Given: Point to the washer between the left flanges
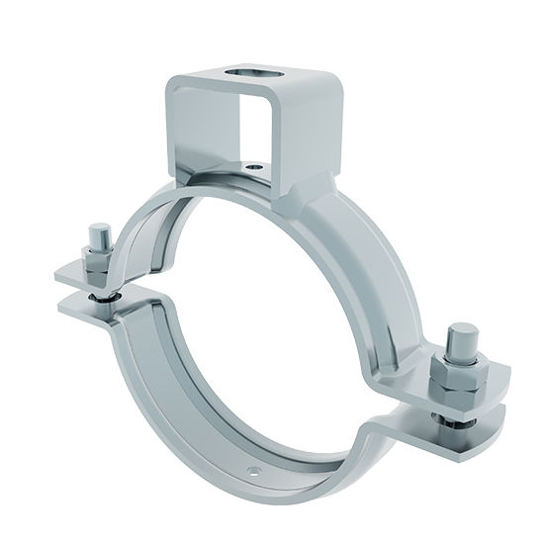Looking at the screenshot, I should [x=100, y=294].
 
